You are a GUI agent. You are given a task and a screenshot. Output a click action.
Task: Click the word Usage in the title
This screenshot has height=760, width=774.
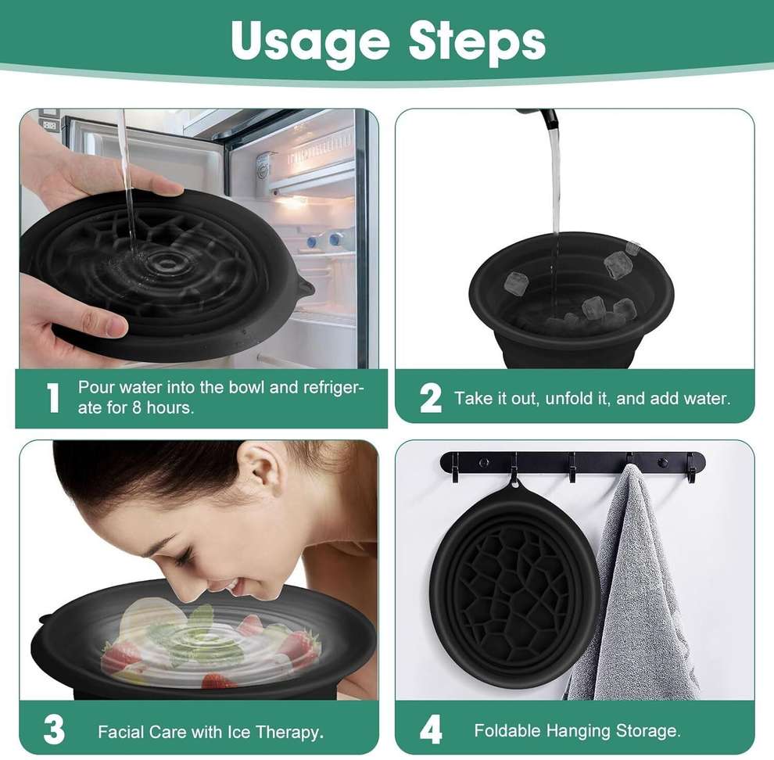pos(310,41)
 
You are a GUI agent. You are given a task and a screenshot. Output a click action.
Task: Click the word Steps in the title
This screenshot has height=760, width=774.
pos(478,41)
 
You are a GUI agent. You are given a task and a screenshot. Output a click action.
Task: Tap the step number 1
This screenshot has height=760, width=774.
pos(53,398)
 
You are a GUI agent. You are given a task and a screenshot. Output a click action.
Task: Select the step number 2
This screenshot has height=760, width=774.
pos(431,398)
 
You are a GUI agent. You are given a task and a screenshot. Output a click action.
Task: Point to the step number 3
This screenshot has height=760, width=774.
pos(54,730)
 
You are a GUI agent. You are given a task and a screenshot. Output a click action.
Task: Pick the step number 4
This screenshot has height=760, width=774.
pos(431,730)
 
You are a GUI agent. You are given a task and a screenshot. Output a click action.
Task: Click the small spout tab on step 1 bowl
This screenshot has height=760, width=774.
pos(304,288)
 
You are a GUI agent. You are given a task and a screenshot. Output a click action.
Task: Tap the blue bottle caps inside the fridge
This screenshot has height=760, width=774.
pos(324,240)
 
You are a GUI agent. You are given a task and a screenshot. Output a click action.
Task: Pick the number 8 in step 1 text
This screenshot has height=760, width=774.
pos(137,408)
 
